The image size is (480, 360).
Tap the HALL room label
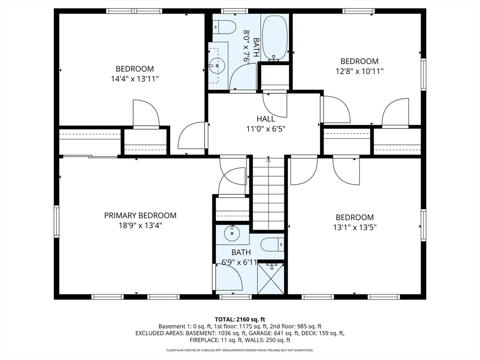(265, 119)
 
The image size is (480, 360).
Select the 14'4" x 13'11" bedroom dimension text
(132, 79)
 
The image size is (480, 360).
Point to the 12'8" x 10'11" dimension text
(359, 71)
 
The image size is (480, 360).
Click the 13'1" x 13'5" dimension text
(354, 227)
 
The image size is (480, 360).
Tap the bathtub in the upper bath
(274, 38)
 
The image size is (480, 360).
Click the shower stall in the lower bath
(271, 277)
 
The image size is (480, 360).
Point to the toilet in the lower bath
(272, 244)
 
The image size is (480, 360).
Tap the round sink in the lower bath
(232, 232)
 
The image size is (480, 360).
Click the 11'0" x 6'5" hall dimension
(265, 128)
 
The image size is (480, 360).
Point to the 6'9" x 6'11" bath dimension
(240, 262)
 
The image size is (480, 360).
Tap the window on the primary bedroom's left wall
(57, 221)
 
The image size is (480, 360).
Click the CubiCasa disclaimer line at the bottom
(240, 350)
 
